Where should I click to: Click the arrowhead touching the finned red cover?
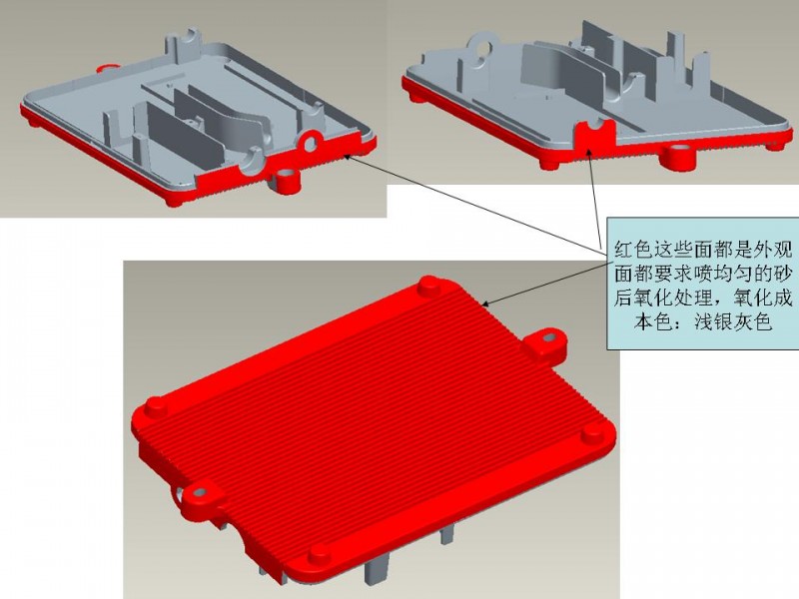(486, 303)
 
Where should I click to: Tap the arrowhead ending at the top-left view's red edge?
(348, 157)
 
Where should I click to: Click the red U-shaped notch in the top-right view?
(591, 135)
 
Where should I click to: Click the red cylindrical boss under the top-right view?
(678, 158)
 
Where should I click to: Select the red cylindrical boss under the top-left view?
(287, 182)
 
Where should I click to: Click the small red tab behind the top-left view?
(108, 67)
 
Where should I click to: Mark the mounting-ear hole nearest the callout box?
(548, 337)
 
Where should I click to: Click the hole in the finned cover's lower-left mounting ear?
(200, 492)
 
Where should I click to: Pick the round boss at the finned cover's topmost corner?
(430, 286)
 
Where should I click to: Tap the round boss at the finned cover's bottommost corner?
(319, 554)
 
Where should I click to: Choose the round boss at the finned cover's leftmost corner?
(157, 405)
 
